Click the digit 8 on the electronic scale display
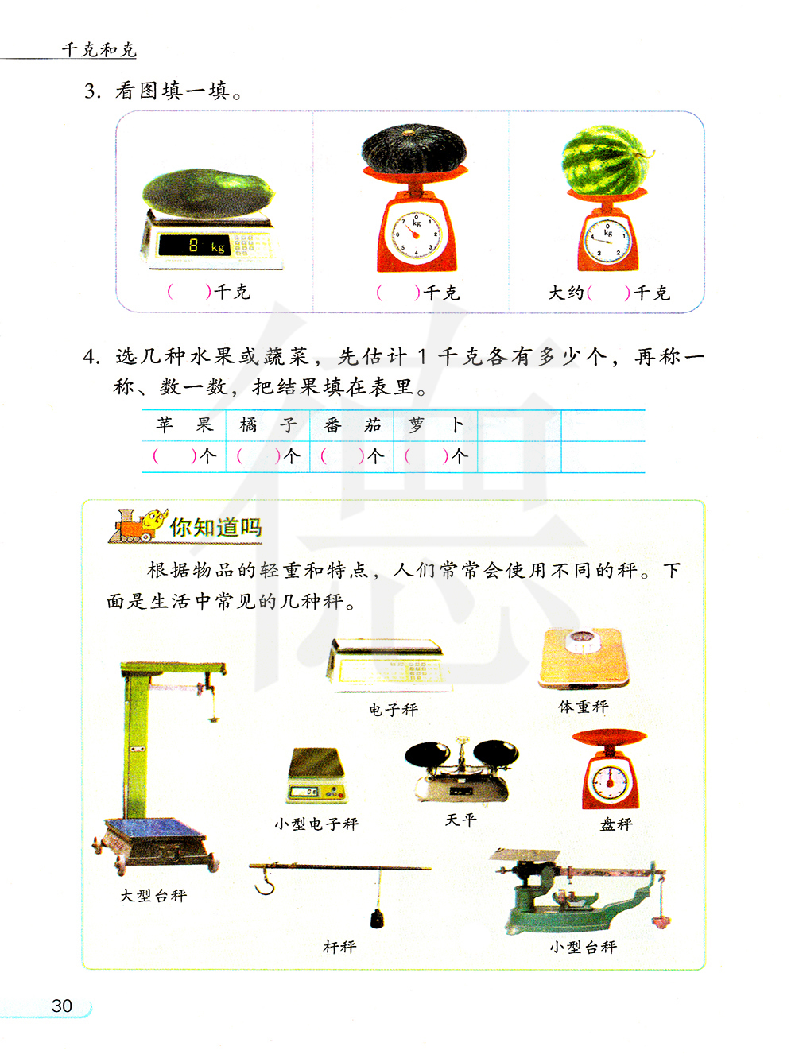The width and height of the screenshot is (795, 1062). coord(193,246)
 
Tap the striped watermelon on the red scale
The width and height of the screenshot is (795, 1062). coord(606,160)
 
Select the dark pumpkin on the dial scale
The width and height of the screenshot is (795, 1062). coord(414,148)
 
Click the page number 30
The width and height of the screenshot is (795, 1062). coord(62,1006)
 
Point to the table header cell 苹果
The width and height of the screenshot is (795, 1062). coord(184,425)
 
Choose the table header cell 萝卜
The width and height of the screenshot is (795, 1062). coord(436,425)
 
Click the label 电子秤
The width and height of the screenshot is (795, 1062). coord(393,710)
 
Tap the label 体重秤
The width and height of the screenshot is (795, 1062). coord(583,707)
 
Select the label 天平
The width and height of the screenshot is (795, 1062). coord(460,820)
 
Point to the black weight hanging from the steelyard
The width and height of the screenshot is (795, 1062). coord(377,918)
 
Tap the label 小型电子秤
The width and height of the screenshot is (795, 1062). coord(316,824)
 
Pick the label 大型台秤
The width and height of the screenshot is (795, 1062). coord(153,896)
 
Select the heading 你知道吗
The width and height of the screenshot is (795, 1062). coord(215,527)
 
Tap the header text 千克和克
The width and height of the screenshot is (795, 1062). coord(99,50)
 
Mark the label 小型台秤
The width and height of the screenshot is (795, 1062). coord(583,947)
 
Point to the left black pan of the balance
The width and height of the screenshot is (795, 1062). coord(427,754)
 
